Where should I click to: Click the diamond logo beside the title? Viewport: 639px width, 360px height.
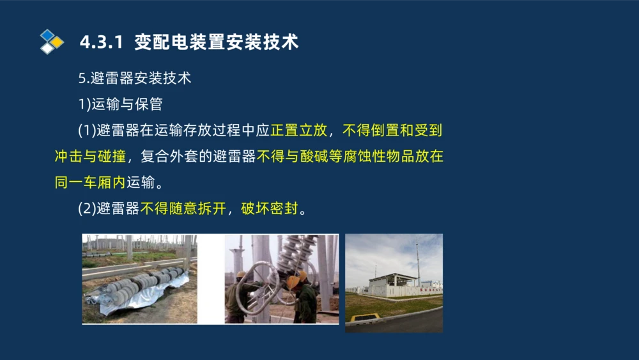click(x=52, y=42)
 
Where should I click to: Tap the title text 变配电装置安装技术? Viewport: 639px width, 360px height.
click(x=217, y=42)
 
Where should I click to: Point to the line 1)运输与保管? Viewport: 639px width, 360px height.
click(x=119, y=104)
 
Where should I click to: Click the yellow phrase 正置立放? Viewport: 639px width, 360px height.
click(x=298, y=130)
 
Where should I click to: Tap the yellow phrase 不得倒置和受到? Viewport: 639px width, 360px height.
click(x=392, y=130)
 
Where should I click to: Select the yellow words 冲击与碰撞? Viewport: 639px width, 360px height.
click(x=90, y=157)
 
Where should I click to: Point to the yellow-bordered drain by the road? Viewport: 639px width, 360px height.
click(x=365, y=317)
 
